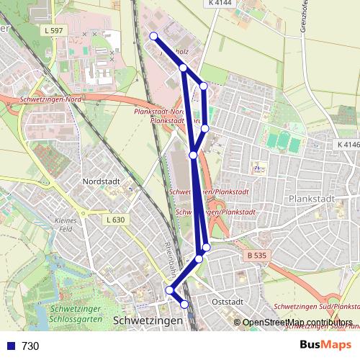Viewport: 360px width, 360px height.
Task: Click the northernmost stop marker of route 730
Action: click(153, 36)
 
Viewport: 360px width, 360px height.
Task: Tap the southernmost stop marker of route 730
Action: click(185, 305)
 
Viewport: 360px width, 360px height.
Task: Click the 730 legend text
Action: click(30, 346)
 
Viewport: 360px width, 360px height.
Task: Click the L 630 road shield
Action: click(115, 220)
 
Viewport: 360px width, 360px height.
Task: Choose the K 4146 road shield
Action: click(347, 145)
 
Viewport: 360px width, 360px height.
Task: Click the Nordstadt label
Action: click(102, 182)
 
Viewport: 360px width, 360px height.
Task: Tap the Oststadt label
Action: click(229, 302)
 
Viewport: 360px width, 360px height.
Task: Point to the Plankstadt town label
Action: click(312, 198)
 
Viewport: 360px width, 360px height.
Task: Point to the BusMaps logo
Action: click(325, 345)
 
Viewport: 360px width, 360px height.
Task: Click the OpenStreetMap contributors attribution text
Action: click(297, 323)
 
